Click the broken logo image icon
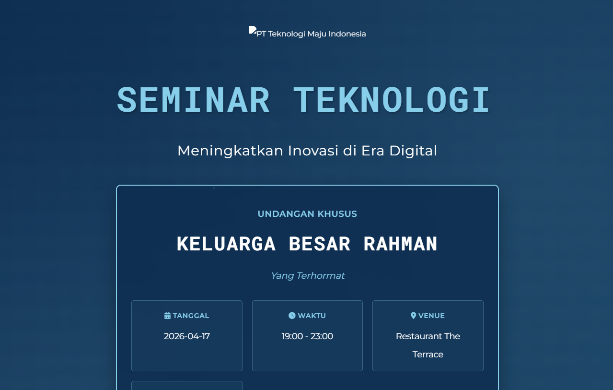[x=252, y=30]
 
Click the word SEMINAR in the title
[x=193, y=100]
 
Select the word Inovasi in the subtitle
[x=313, y=151]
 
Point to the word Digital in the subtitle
[x=413, y=151]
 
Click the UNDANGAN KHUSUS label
[x=307, y=213]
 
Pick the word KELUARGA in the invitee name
[x=226, y=244]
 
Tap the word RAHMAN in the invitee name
[x=400, y=244]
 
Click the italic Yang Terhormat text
[x=308, y=275]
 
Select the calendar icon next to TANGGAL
[x=167, y=316]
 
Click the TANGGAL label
[x=191, y=316]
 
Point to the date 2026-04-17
[x=186, y=336]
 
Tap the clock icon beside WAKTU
[x=292, y=316]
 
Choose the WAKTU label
[x=312, y=316]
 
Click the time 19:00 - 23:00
[x=307, y=336]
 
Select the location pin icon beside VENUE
[x=414, y=316]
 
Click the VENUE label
[x=431, y=316]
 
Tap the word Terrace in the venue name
[x=428, y=355]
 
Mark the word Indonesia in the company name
[x=347, y=34]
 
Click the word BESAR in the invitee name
[x=320, y=244]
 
